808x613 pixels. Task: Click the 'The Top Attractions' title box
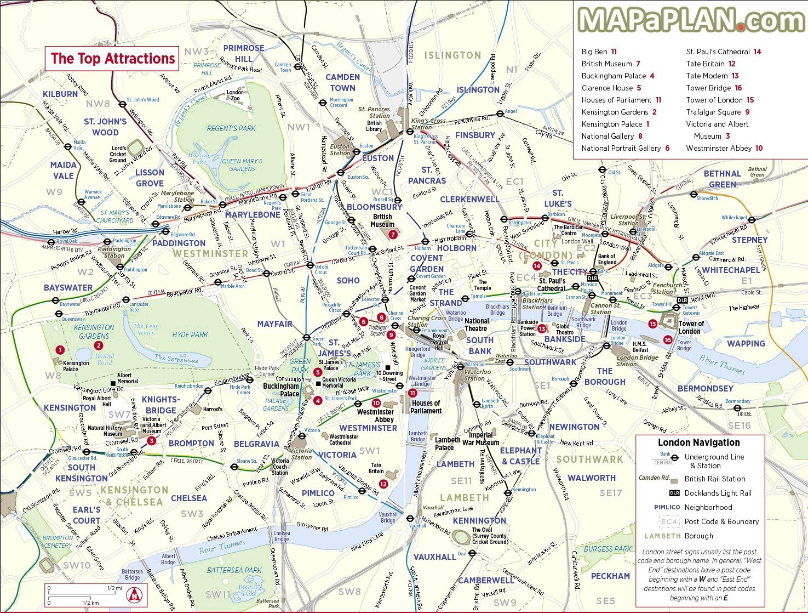[112, 59]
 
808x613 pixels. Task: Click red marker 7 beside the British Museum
[392, 234]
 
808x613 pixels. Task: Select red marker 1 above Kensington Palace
[60, 350]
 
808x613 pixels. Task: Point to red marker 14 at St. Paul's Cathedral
[537, 266]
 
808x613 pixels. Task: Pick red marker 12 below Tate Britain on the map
[383, 484]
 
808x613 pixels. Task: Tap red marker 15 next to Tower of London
[652, 324]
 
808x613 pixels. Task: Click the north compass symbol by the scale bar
[134, 594]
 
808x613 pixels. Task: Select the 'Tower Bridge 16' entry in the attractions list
[714, 88]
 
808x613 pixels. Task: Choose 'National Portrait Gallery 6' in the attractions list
[625, 148]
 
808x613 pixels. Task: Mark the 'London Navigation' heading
[698, 442]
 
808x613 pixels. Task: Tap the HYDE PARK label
[190, 334]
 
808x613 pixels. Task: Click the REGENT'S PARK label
[231, 128]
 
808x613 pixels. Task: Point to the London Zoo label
[235, 95]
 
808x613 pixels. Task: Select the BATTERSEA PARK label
[234, 570]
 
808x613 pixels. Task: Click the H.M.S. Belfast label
[640, 347]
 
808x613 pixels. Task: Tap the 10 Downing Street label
[389, 376]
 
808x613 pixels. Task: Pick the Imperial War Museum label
[480, 439]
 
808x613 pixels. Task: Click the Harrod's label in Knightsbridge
[213, 409]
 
